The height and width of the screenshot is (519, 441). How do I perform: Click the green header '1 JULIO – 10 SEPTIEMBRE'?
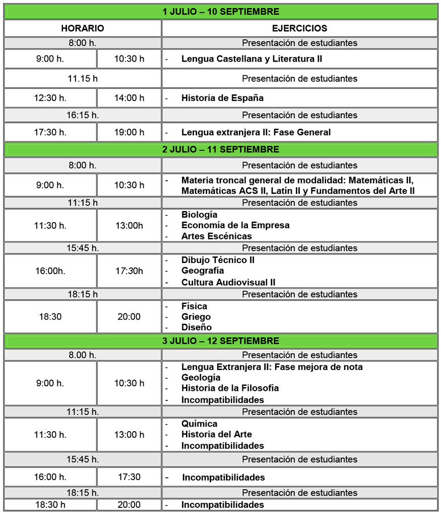pos(220,12)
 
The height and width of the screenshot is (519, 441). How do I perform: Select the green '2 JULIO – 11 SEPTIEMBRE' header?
pos(220,149)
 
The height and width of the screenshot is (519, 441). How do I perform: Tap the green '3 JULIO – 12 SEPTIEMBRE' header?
pos(220,341)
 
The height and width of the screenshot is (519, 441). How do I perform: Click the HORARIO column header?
pos(83,28)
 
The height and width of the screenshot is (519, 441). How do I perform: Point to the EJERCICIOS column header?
pos(299,28)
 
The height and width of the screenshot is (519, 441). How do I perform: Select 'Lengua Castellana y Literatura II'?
pos(251,59)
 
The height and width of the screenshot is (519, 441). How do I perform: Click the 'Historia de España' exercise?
pos(222,98)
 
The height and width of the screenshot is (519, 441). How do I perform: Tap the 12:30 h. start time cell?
pos(50,98)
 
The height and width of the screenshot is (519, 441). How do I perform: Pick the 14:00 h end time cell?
pos(129,98)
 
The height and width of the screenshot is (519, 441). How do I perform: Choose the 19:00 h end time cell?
pos(129,132)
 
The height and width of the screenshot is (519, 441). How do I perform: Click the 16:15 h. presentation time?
pos(83,115)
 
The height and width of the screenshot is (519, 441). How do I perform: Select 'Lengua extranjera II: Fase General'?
pos(256,132)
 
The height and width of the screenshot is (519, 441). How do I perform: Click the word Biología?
pos(200,215)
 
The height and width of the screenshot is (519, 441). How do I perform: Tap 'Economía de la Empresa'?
pos(235,225)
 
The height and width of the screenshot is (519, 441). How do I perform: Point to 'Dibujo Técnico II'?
pos(218,260)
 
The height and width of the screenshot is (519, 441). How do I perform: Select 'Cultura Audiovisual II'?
pos(228,282)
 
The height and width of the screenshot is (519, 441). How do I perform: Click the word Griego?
pos(196,317)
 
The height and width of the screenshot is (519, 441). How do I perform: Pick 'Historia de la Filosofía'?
pos(230,388)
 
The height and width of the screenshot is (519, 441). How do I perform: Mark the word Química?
pos(200,424)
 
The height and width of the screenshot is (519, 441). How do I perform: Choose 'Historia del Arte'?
pos(217,434)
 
